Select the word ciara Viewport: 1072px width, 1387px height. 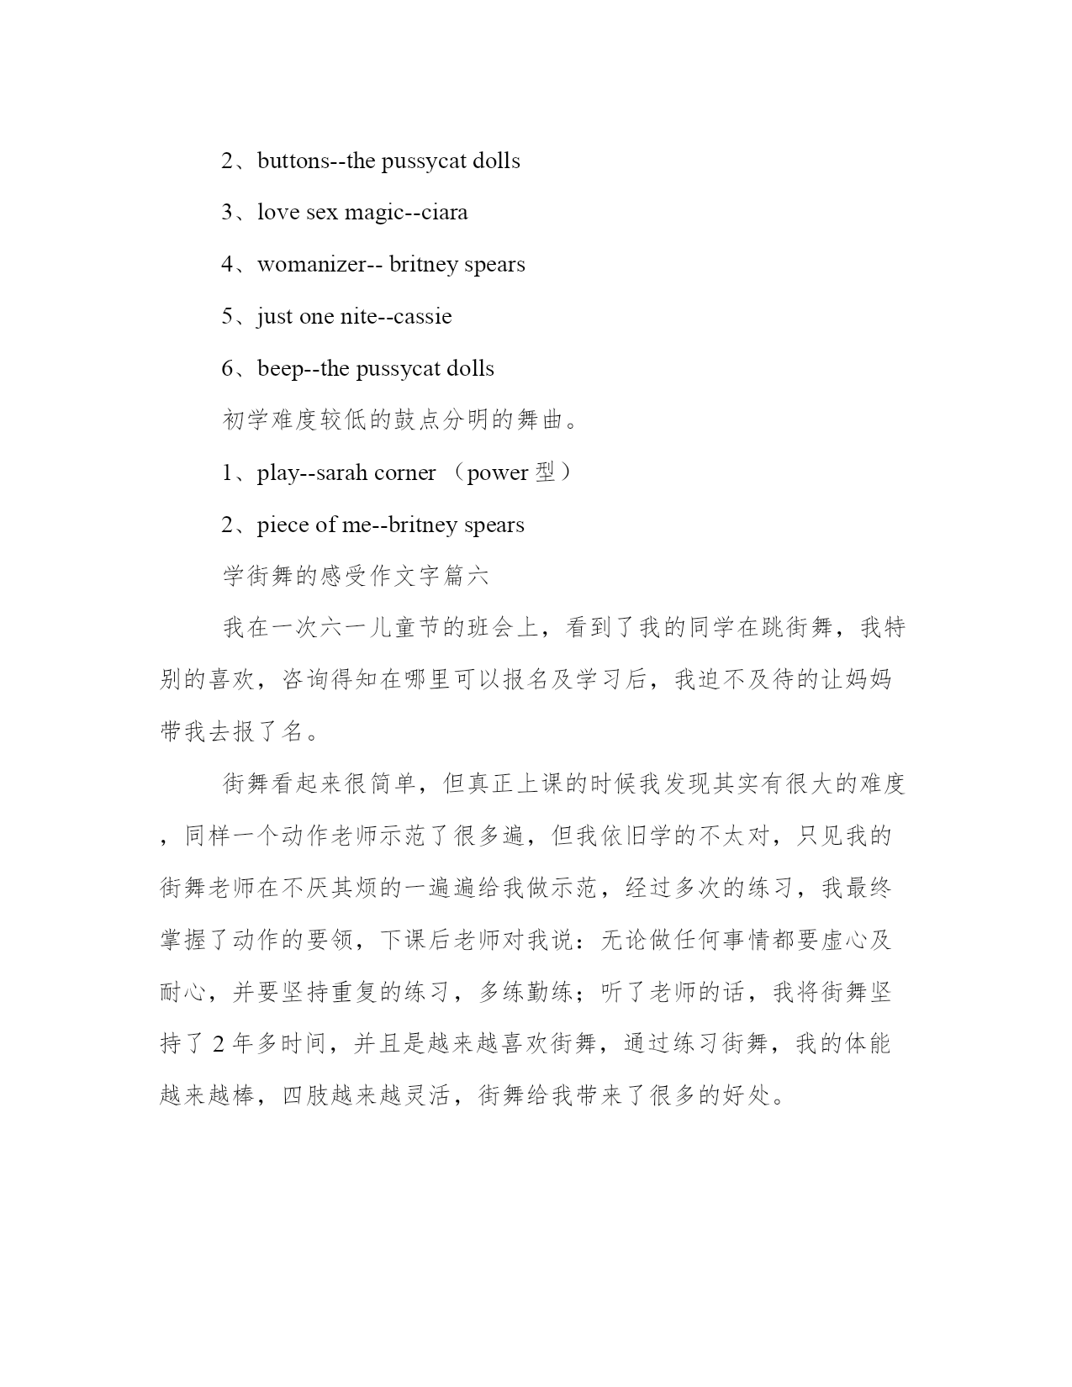(x=444, y=213)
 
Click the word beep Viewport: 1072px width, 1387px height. (x=279, y=369)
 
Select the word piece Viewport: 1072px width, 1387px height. (x=283, y=525)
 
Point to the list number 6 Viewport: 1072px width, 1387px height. (x=227, y=369)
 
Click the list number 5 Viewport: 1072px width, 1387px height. (x=227, y=317)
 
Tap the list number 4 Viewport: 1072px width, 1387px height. (x=227, y=265)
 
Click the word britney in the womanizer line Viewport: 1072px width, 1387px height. (x=420, y=265)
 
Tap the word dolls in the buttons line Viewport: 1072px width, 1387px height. (x=496, y=161)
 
